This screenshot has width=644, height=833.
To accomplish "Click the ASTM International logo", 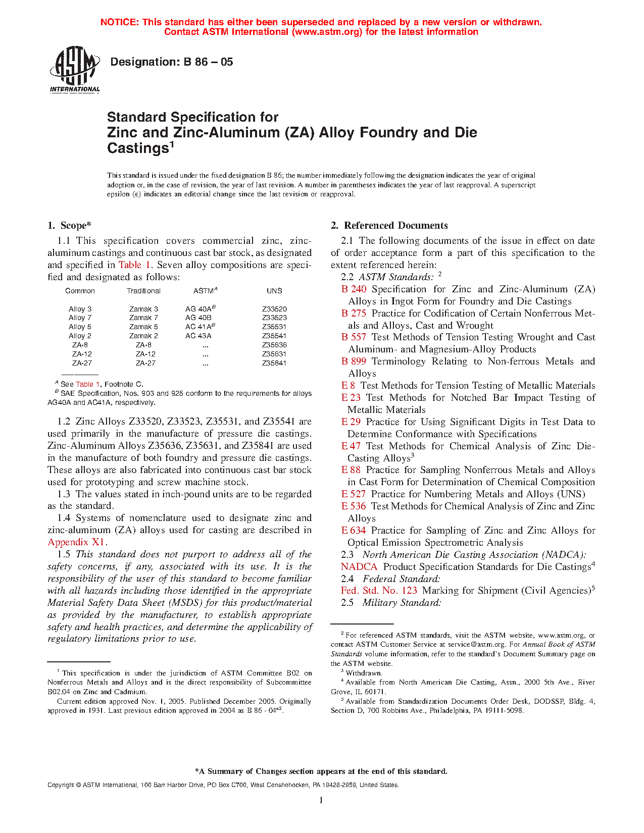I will point(74,70).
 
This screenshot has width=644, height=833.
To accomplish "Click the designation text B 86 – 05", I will point(171,62).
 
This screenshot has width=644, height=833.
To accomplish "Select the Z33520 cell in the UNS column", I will point(274,309).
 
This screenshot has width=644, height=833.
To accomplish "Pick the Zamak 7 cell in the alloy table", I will point(143,318).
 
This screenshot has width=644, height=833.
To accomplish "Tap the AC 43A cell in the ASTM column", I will point(198,336).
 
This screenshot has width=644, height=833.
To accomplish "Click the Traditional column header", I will point(143,291).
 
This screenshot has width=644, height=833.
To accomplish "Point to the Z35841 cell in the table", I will point(274,363).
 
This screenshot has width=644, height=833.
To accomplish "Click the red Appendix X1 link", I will point(77,542).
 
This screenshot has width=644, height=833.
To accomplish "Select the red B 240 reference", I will point(354,289).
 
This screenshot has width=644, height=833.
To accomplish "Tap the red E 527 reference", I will point(353,494).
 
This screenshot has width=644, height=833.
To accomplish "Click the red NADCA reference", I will point(359,567).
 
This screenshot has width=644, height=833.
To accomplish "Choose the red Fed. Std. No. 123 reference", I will point(379,591).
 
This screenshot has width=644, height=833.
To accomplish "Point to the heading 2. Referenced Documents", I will point(389,226).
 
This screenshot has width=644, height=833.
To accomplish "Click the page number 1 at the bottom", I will point(321,800).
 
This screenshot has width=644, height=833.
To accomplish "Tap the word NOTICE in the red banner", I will point(119,22).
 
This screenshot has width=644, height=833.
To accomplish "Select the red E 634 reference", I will point(353,531).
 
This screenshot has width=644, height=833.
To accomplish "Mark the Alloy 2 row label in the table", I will point(80,336).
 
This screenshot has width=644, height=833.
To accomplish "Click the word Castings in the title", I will point(137,148).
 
